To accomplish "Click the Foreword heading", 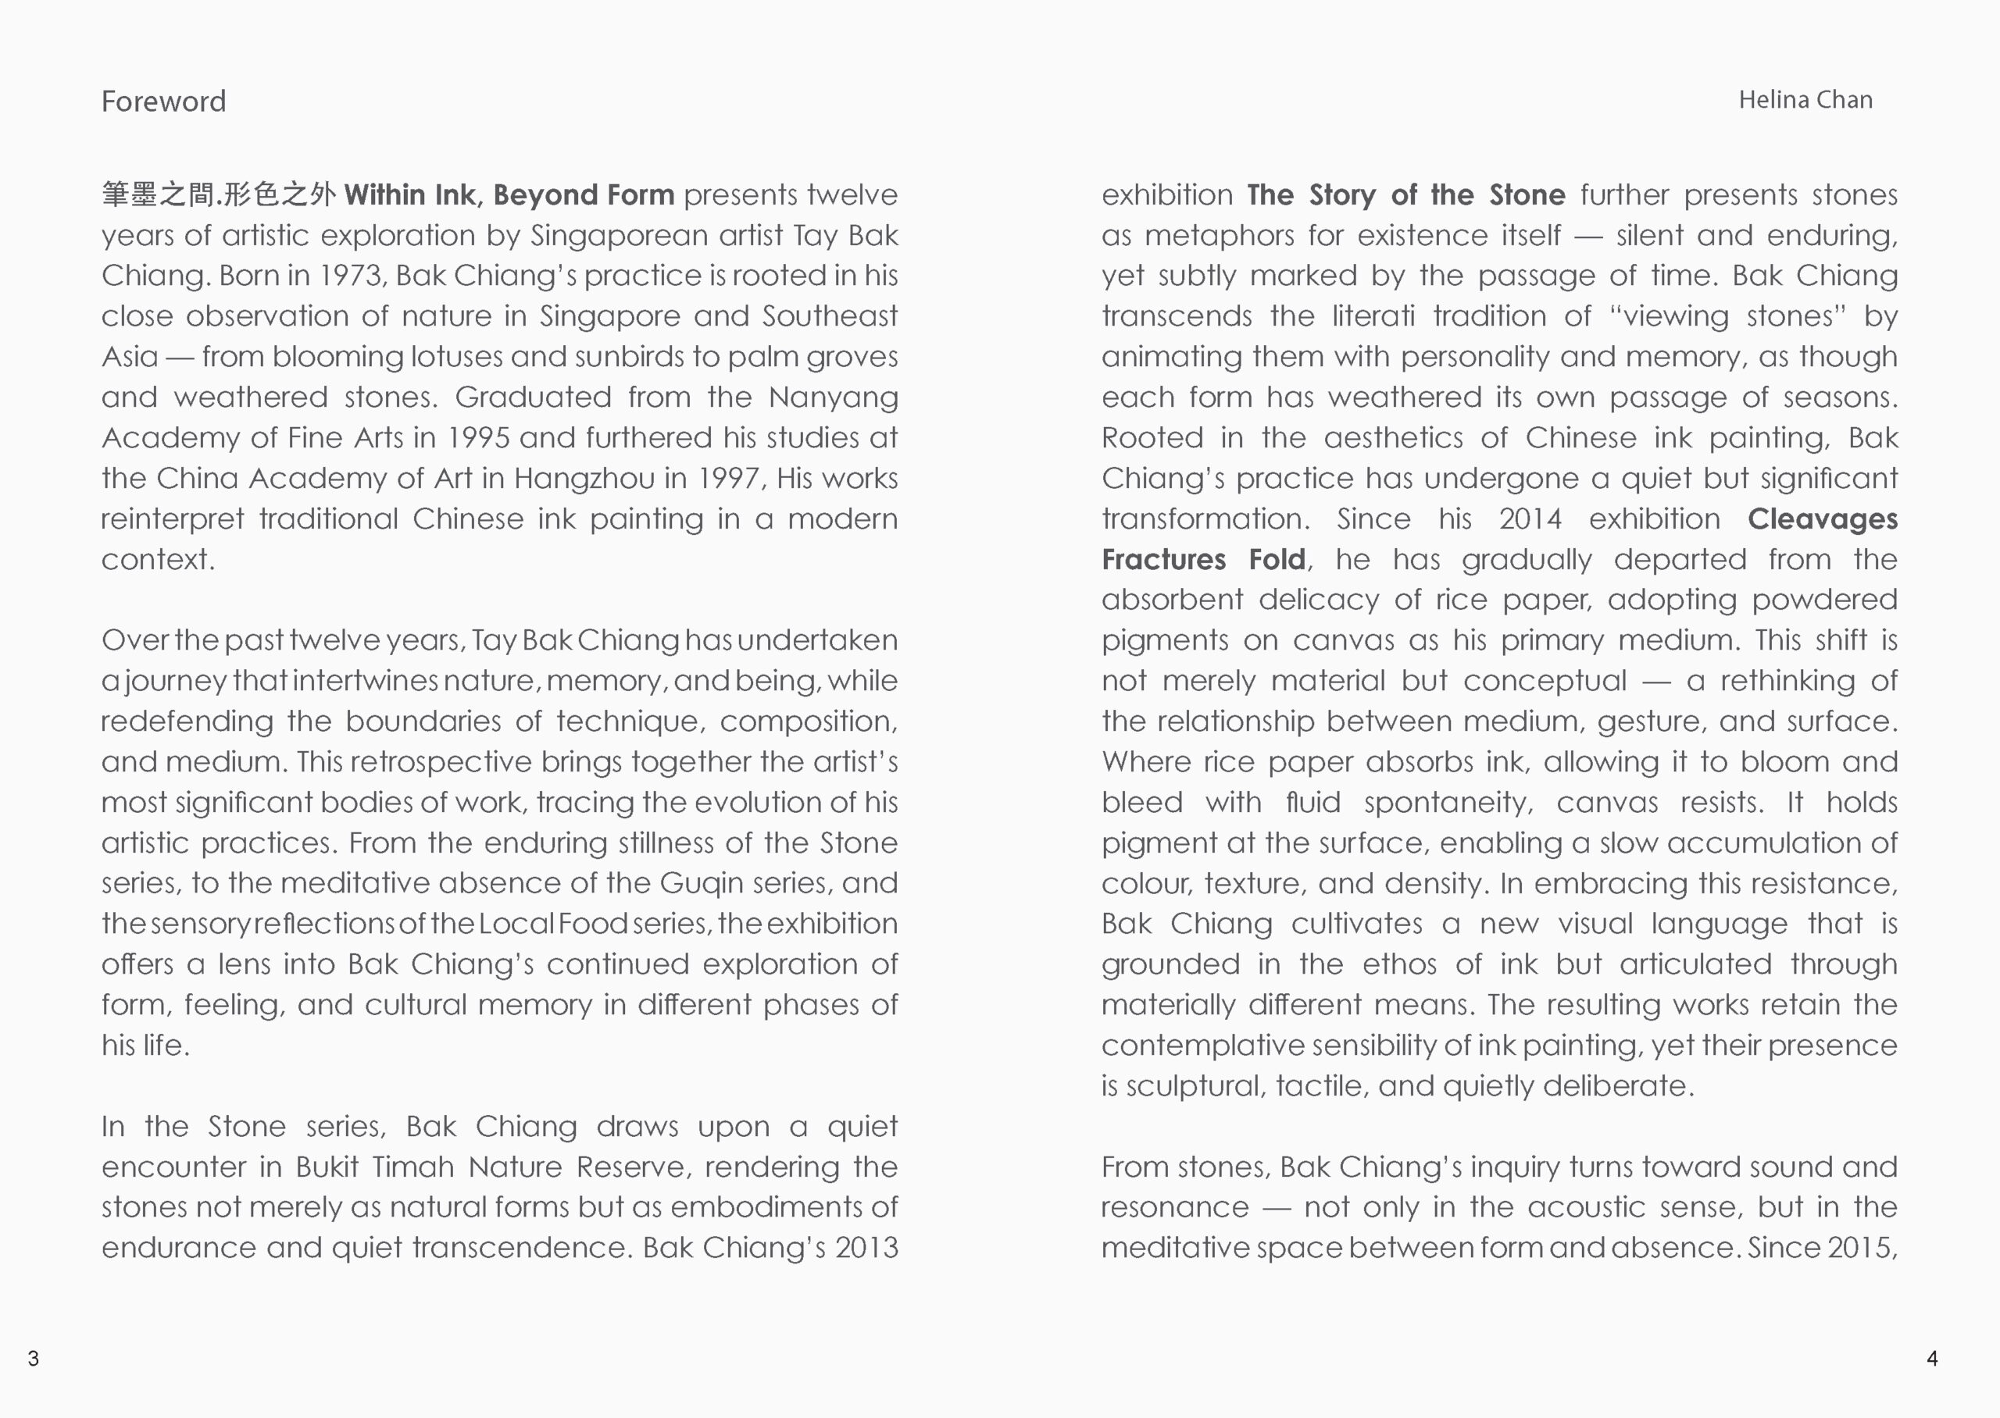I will coord(163,102).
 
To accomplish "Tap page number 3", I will coord(33,1358).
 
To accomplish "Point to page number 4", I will coord(1932,1358).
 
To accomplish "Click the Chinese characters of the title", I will coord(218,194).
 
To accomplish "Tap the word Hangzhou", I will coord(584,479).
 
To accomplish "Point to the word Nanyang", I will coord(832,397).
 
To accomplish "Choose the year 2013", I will coord(866,1248).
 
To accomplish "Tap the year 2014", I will coord(1530,518).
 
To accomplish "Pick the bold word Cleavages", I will coord(1822,518).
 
